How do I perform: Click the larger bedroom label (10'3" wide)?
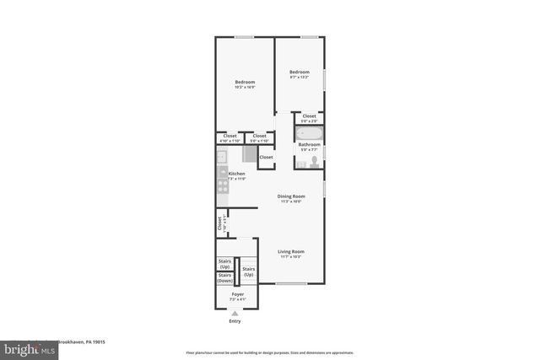point(245,84)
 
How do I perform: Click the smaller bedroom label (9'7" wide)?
point(300,74)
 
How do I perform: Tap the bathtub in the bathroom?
point(309,133)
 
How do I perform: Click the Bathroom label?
point(308,146)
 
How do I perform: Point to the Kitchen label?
point(236,175)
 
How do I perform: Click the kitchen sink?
point(221,157)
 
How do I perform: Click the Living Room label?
point(291,254)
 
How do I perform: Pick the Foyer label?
point(238,295)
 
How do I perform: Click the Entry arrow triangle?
point(235,313)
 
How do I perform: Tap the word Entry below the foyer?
point(235,321)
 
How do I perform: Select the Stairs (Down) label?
point(225,277)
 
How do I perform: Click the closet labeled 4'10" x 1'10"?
point(229,137)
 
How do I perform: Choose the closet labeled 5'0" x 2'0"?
point(310,118)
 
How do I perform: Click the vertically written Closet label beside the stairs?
point(220,223)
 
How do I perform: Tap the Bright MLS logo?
point(27,347)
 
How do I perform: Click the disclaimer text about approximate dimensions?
point(269,352)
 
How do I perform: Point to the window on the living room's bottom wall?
point(291,283)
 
